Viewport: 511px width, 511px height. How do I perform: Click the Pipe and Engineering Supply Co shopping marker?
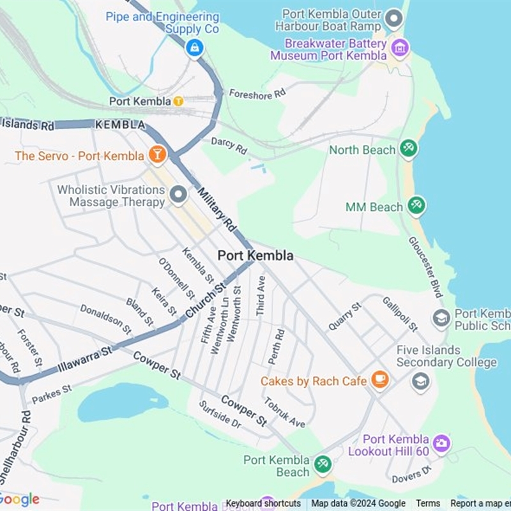tap(194, 47)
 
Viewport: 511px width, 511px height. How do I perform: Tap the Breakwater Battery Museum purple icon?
tap(400, 48)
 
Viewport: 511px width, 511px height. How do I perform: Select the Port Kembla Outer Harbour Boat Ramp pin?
tap(394, 19)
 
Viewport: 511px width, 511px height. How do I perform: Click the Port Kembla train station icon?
tap(178, 101)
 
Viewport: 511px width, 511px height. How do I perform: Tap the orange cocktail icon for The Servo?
tap(156, 154)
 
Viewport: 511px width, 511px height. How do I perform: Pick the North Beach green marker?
tap(408, 149)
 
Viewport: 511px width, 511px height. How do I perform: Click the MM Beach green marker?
tap(416, 206)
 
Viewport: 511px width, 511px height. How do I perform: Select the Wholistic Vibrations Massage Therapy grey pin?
tap(178, 195)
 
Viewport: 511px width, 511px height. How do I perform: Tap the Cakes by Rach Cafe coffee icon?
tap(379, 379)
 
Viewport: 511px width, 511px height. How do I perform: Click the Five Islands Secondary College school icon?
tap(420, 382)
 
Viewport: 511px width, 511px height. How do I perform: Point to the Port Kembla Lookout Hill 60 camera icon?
tap(441, 443)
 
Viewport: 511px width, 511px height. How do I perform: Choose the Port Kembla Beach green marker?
tap(323, 464)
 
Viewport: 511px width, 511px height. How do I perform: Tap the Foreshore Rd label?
tap(257, 94)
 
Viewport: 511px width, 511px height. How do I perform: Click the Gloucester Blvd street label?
tap(425, 266)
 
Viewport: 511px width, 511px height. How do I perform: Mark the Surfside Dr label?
tap(219, 415)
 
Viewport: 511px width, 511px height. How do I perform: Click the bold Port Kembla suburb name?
tap(256, 256)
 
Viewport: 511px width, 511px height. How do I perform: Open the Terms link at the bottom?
tap(428, 503)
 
